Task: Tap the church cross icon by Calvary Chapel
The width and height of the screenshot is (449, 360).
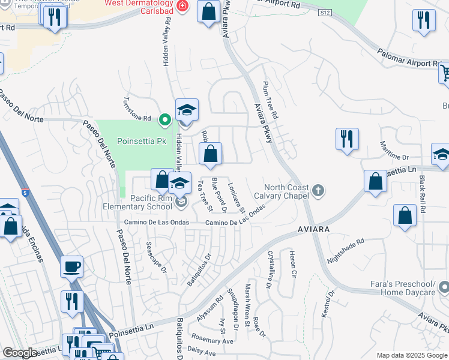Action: (x=318, y=191)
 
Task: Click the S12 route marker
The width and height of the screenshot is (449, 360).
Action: (x=325, y=12)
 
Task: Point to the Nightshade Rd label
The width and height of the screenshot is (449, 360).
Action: (x=346, y=252)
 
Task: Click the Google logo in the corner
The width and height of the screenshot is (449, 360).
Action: (x=20, y=353)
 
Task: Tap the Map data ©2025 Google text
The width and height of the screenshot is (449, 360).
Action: (x=412, y=355)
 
